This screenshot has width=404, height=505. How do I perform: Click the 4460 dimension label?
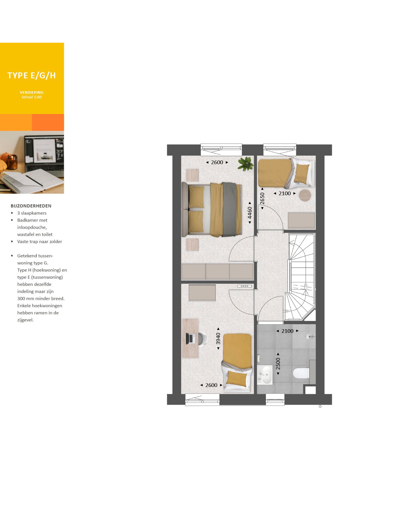tap(250, 213)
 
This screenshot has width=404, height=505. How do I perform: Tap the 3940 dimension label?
tap(218, 339)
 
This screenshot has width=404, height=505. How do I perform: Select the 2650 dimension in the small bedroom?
tap(262, 198)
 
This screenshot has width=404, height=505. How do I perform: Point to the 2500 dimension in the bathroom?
tap(278, 364)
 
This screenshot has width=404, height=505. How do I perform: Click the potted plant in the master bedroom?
tap(245, 164)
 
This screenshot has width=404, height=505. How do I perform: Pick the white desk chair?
tap(202, 339)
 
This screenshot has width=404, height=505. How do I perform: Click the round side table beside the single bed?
tap(305, 196)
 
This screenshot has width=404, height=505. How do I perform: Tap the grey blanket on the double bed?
tap(231, 209)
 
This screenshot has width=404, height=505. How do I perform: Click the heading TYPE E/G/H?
tap(32, 76)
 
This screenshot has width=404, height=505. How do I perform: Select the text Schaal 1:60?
tap(32, 97)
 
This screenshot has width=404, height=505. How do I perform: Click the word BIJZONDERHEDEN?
tap(31, 206)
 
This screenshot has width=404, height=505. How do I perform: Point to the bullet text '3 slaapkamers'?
tap(32, 213)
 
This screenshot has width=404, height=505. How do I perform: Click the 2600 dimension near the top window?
tap(217, 162)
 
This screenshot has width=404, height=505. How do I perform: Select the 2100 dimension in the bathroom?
tap(287, 331)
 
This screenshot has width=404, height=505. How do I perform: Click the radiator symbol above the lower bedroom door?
tap(244, 286)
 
